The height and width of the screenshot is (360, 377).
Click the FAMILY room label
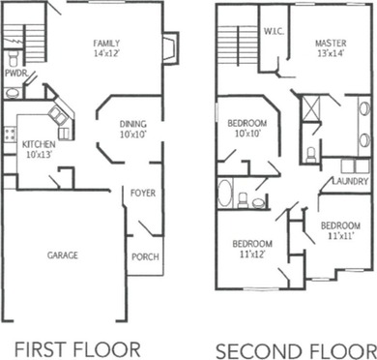[x=105, y=45]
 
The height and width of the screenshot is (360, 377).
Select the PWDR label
[x=14, y=72]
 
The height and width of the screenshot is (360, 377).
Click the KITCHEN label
[x=40, y=144]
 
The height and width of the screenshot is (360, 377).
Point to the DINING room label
[x=132, y=124]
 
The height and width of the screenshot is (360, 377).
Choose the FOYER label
[x=142, y=194]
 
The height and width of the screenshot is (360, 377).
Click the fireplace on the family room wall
[x=168, y=48]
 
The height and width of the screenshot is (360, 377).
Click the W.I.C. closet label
[x=273, y=31]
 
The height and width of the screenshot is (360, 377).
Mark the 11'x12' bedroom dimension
[x=252, y=254]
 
